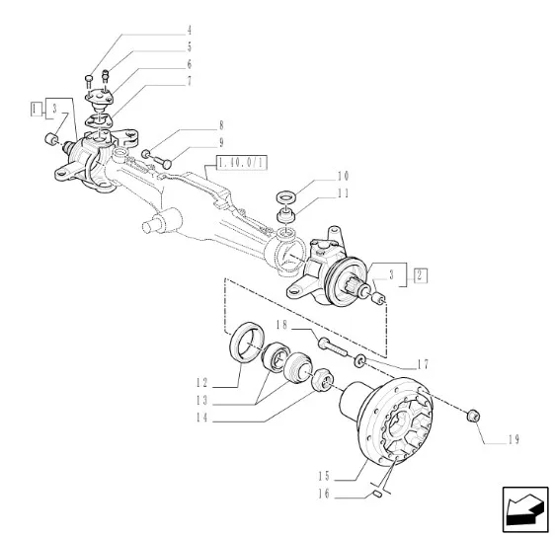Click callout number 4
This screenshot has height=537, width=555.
(x=190, y=31)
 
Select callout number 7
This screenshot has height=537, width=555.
(x=190, y=81)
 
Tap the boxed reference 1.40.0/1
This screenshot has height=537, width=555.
(x=242, y=163)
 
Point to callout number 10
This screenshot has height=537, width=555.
(x=343, y=176)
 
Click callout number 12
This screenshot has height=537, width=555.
(x=202, y=383)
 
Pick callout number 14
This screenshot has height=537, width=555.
(x=202, y=418)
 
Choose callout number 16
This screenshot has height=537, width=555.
(x=324, y=494)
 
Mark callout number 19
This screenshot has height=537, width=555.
(x=514, y=439)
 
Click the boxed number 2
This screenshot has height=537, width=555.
(x=420, y=275)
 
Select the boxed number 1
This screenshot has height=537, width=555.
(x=35, y=109)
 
